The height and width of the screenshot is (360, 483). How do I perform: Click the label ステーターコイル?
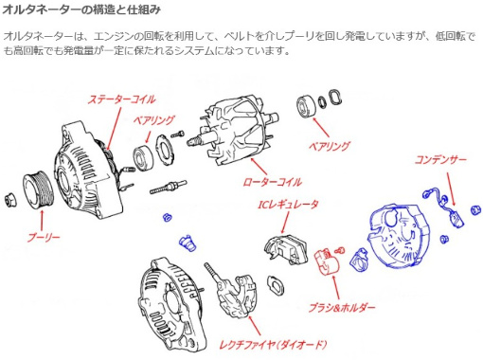point(121,99)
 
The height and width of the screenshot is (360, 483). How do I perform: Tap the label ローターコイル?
point(272,182)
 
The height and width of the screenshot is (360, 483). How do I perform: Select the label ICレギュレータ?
point(288,205)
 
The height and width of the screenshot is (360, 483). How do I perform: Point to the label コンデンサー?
point(440,160)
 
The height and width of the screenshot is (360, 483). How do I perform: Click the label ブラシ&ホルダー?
point(342,307)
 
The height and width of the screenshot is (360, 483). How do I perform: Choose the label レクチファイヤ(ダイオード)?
point(273,344)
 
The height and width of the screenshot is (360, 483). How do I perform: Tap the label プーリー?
point(44,238)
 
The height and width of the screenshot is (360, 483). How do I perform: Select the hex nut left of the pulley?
point(10,200)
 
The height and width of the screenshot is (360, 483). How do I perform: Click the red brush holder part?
point(327,261)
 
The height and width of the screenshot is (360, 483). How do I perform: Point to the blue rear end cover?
point(400,235)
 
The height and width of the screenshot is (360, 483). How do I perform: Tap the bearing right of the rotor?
point(306,106)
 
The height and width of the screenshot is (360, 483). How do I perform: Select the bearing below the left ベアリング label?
point(143,156)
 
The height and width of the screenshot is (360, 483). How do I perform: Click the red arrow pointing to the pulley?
point(42,221)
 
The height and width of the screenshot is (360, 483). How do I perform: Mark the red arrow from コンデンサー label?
point(451,189)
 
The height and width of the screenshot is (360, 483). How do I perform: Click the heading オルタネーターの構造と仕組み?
point(81,9)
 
